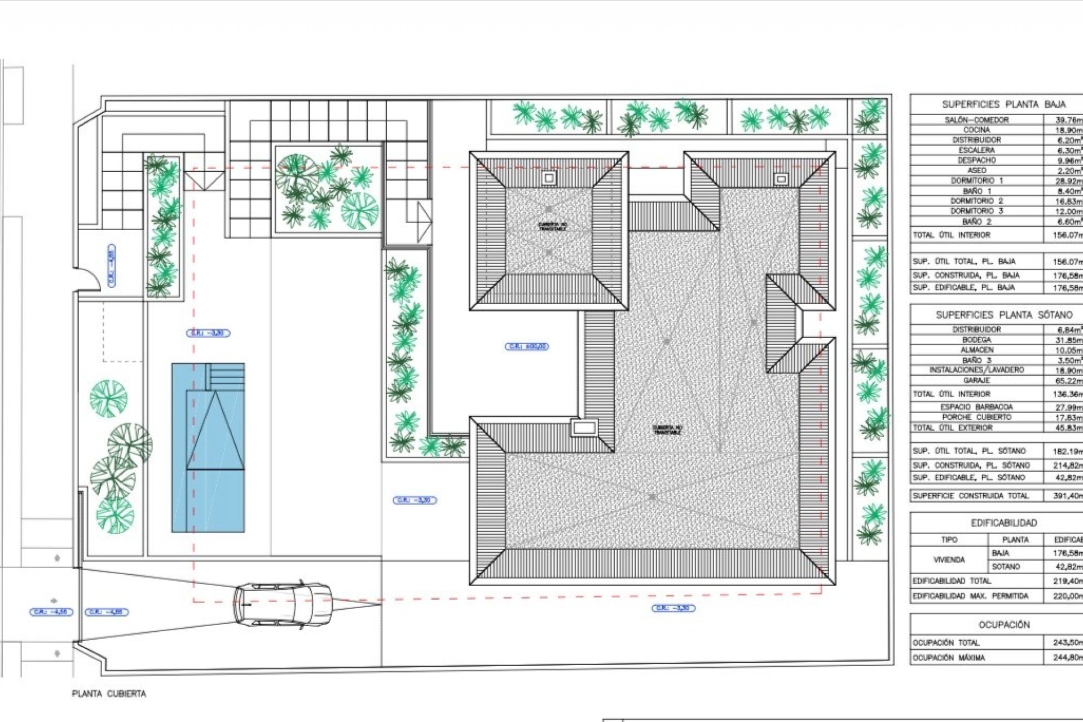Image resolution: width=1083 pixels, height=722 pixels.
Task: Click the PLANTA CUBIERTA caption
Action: coord(109,694)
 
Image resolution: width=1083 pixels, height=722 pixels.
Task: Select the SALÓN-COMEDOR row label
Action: coord(976,120)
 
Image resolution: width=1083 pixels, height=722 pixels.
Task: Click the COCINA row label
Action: coord(976,130)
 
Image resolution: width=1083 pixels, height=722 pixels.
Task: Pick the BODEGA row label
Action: coord(976,340)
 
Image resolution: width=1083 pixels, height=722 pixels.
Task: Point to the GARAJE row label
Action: coord(976,381)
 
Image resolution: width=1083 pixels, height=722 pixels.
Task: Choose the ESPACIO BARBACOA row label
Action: coord(976,407)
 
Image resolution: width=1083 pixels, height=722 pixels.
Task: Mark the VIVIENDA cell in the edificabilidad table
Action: coord(949,560)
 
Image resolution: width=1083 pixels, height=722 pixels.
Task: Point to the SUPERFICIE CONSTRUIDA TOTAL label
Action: coord(970,496)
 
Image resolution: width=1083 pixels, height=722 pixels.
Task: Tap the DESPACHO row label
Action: coord(976,160)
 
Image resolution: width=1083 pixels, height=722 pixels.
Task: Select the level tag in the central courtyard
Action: coord(526,346)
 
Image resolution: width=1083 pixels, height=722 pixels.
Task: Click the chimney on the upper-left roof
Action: coord(548,178)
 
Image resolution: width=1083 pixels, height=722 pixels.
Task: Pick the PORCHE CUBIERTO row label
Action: coord(976,417)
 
